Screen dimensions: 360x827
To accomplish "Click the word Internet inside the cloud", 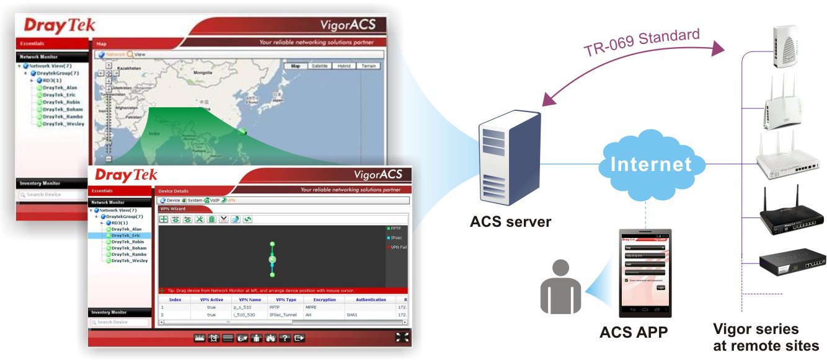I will tap(651, 164).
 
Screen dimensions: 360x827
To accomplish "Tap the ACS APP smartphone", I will tap(645, 273).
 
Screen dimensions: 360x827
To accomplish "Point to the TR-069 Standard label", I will tap(642, 42).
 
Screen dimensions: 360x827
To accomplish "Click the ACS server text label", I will tap(510, 221).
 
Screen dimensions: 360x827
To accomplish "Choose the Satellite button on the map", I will tap(320, 66).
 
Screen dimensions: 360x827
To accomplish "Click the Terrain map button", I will tap(368, 66).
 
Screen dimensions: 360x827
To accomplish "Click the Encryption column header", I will tap(324, 299).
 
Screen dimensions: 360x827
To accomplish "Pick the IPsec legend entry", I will tap(396, 238).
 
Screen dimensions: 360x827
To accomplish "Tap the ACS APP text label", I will tap(633, 333).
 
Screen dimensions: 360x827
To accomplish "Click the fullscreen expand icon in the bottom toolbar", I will tap(402, 337).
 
